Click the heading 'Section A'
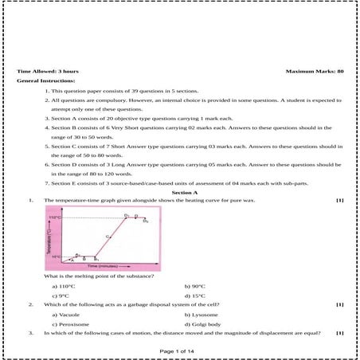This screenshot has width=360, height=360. (x=185, y=193)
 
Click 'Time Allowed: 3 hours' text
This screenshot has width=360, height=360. (x=45, y=72)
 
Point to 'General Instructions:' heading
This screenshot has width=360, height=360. (x=45, y=81)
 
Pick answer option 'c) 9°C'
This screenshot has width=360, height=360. (x=61, y=295)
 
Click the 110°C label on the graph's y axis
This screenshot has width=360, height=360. (x=55, y=217)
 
